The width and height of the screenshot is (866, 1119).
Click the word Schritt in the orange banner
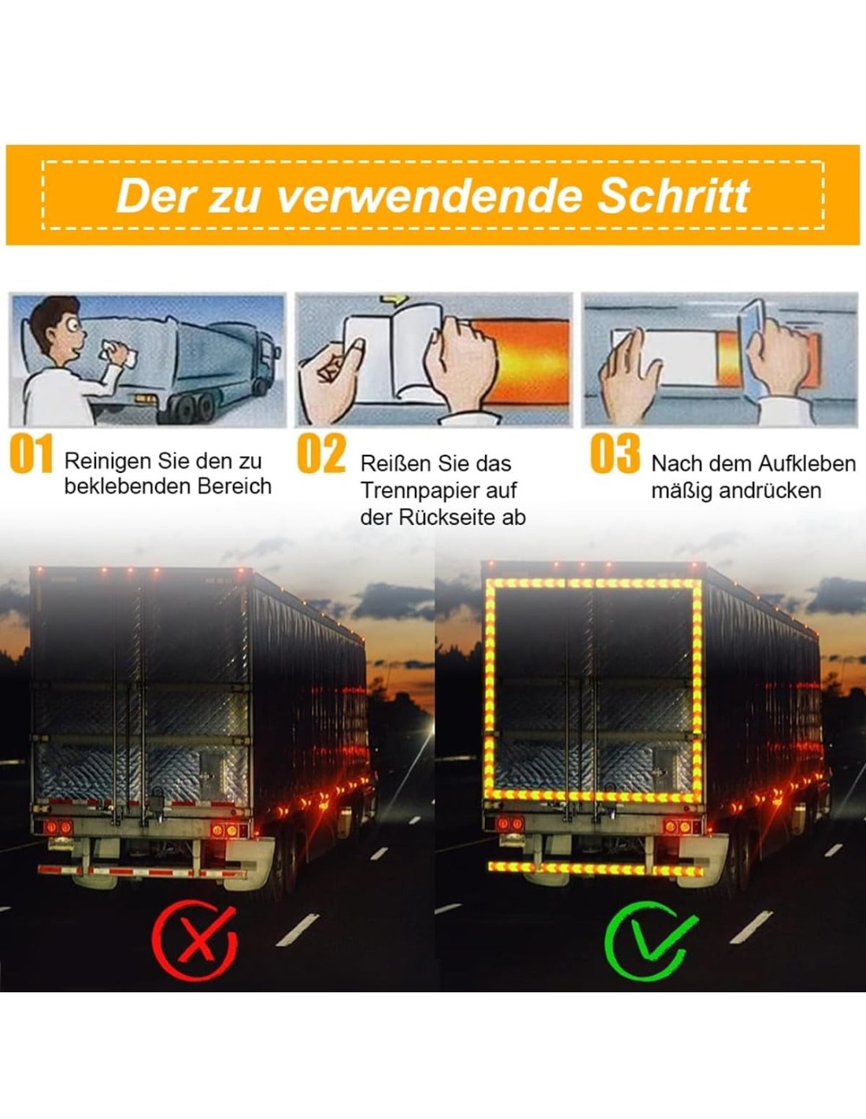point(673,196)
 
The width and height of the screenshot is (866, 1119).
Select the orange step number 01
point(31,453)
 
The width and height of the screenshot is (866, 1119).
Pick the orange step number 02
point(321,453)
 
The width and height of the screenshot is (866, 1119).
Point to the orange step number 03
point(615,453)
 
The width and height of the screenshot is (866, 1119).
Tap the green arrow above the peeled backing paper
point(394,299)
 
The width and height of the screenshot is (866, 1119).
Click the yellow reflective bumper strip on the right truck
point(595,869)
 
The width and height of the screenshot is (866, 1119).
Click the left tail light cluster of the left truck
point(58,828)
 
